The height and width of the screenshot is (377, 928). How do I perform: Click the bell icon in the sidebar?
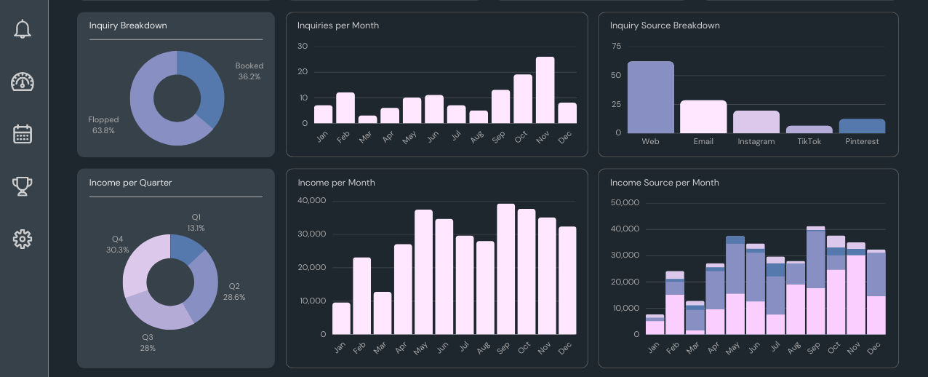point(23,29)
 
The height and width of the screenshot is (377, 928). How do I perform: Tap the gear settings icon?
point(23,239)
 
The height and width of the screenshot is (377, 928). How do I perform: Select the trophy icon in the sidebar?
point(23,186)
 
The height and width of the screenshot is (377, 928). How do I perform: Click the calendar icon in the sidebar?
point(23,134)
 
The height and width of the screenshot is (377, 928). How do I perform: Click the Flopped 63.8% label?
point(103,125)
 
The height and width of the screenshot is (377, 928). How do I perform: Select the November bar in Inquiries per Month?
point(545,90)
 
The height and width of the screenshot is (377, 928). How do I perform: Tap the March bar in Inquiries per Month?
point(368,119)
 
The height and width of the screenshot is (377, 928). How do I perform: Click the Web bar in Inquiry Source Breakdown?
point(651,97)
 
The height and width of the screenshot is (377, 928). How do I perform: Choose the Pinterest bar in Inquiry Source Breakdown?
point(862,126)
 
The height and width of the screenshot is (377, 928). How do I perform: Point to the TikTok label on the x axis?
point(809,141)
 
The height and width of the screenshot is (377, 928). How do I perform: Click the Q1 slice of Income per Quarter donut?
point(187,248)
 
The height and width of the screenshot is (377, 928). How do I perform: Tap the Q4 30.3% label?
point(118,245)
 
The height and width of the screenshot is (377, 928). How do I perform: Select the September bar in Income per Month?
point(506,269)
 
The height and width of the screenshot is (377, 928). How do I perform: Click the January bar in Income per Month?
point(341,319)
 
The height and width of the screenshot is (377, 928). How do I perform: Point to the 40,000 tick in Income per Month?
point(312,201)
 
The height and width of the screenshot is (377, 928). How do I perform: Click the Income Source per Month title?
point(665,183)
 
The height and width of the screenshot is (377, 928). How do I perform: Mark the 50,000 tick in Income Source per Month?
point(625,203)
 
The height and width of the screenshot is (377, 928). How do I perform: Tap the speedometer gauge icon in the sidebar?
point(23,82)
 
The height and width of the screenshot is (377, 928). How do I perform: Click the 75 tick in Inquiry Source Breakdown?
point(617,46)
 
